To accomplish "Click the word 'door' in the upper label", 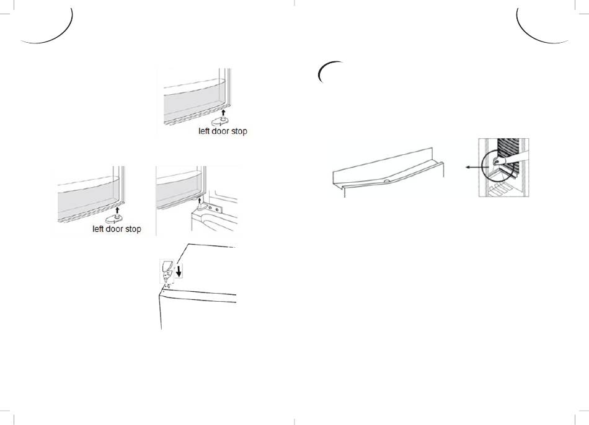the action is click(221, 131).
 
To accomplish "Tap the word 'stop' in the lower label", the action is click(133, 229).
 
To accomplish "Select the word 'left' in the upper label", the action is click(204, 131).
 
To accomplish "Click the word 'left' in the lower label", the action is click(98, 229).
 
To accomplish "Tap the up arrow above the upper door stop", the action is click(223, 112).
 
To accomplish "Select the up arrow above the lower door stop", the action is click(118, 210).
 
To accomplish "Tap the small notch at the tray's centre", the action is click(386, 182).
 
